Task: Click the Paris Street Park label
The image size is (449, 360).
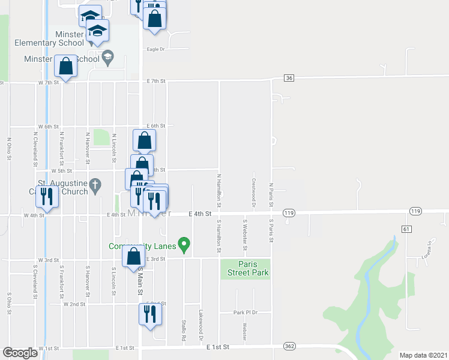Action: [x=245, y=268]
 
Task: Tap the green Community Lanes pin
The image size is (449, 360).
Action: [x=185, y=244]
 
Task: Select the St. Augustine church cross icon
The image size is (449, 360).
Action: [x=95, y=186]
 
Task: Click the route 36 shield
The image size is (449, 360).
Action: [x=289, y=78]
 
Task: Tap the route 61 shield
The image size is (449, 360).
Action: [x=407, y=229]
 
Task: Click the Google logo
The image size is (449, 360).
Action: [x=20, y=353]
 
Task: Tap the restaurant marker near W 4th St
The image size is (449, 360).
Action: [x=46, y=196]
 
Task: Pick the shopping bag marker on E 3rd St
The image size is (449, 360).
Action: [x=133, y=257]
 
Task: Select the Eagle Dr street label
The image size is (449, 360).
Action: [x=155, y=49]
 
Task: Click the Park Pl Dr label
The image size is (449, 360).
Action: [x=246, y=313]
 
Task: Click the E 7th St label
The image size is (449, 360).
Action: [x=155, y=80]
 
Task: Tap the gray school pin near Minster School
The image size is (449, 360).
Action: [x=107, y=58]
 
